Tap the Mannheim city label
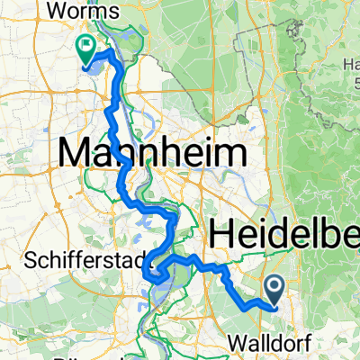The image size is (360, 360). (153, 152)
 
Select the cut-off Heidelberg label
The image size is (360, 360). (284, 234)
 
